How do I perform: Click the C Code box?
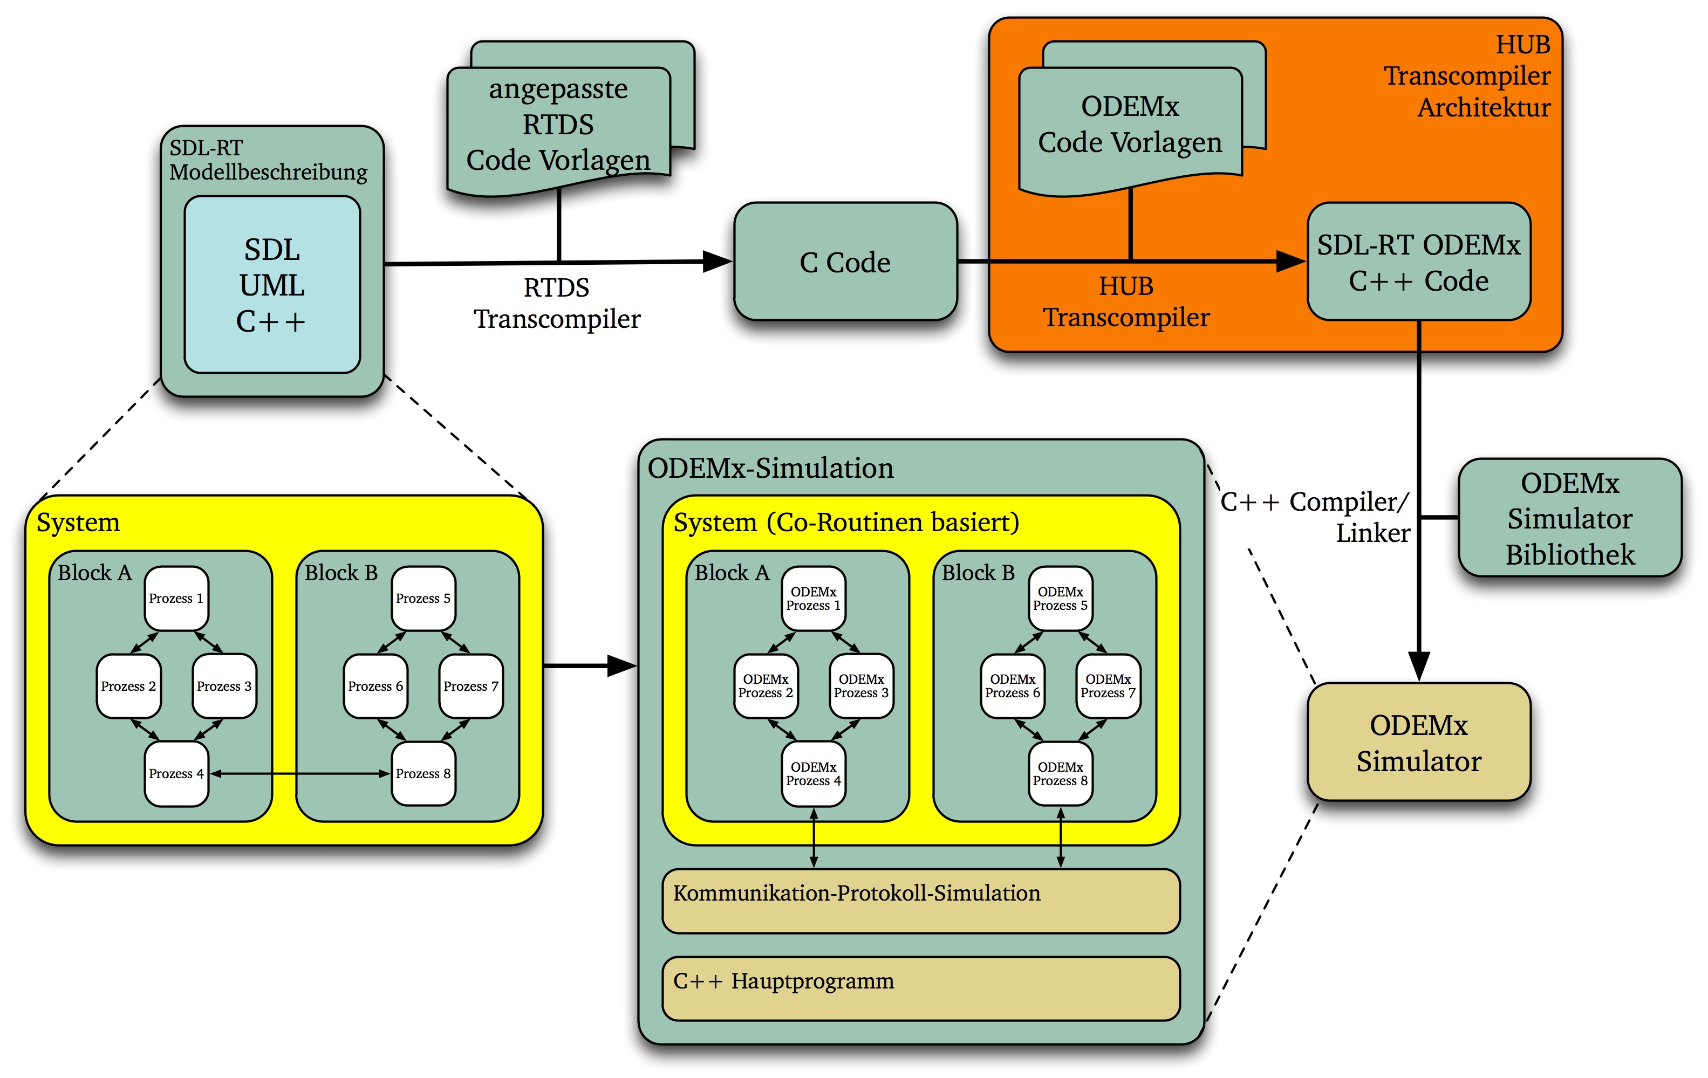click(x=845, y=263)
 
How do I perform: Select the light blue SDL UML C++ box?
click(x=272, y=284)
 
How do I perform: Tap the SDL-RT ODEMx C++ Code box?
click(x=1419, y=263)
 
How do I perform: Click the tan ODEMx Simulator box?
click(x=1419, y=743)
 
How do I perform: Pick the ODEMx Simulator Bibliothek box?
click(x=1570, y=518)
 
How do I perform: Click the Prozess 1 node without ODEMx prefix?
click(x=176, y=599)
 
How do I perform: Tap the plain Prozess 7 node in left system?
click(x=471, y=686)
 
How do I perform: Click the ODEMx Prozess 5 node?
click(x=1061, y=599)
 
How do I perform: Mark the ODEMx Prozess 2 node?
click(x=766, y=686)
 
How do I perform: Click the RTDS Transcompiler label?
click(x=557, y=304)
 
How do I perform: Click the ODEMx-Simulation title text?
click(x=770, y=469)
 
